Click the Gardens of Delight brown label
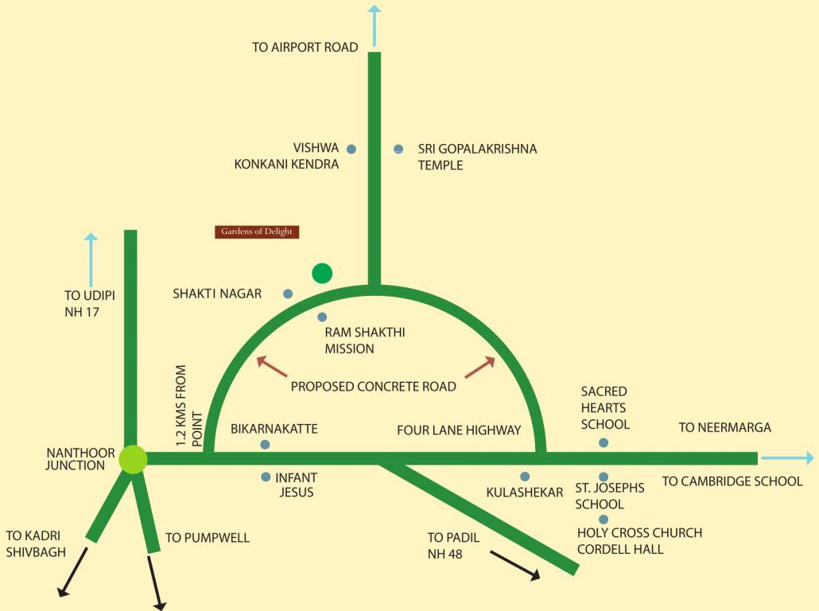coord(257,232)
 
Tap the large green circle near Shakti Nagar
coord(321,274)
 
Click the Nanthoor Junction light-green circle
coord(133,459)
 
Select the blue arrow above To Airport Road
coord(375,24)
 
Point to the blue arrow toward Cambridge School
coord(787,458)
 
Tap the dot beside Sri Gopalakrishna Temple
coord(398,149)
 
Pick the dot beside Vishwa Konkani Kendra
coord(351,149)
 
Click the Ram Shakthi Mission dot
coord(322,317)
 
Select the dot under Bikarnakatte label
coord(265,445)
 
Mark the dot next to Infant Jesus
coord(266,477)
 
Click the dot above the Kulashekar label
coord(525,477)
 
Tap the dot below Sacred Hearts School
coord(604,442)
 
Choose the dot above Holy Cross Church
coord(604,520)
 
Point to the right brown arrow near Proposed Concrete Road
coord(479,367)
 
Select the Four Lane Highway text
coord(459,430)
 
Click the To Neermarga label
coord(724,428)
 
